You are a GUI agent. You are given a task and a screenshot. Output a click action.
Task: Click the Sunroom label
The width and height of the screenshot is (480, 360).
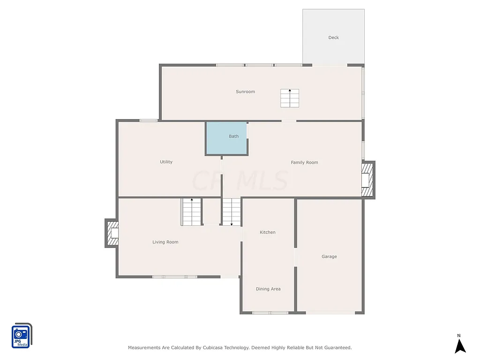coord(245,92)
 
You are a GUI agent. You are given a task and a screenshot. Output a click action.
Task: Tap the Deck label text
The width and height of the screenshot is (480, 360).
coord(333,37)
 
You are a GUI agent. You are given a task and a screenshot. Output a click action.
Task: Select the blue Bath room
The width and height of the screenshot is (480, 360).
coord(227,138)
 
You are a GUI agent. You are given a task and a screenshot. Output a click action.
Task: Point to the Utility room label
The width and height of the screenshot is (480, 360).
coord(166,162)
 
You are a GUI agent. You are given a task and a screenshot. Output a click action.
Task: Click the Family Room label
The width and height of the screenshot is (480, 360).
coord(304,163)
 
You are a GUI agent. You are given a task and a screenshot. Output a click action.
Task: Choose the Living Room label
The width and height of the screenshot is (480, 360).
coord(165,242)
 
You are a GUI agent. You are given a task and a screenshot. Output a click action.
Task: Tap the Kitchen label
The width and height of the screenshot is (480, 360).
coord(268,232)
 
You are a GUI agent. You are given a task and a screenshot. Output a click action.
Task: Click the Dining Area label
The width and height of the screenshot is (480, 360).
coord(268,289)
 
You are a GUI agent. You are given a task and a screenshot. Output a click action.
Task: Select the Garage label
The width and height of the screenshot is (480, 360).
coord(329,257)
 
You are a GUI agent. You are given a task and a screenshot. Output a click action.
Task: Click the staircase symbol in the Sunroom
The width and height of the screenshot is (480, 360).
coord(290,98)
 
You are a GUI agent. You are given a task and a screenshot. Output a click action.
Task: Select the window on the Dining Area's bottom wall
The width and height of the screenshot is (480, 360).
coord(270,313)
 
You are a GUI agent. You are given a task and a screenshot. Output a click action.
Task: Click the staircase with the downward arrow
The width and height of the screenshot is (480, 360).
coord(231,212)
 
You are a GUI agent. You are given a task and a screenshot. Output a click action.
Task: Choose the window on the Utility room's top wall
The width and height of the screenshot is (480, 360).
coord(149,120)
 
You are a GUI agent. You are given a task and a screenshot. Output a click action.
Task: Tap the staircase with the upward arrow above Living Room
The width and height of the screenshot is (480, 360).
coord(191,212)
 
